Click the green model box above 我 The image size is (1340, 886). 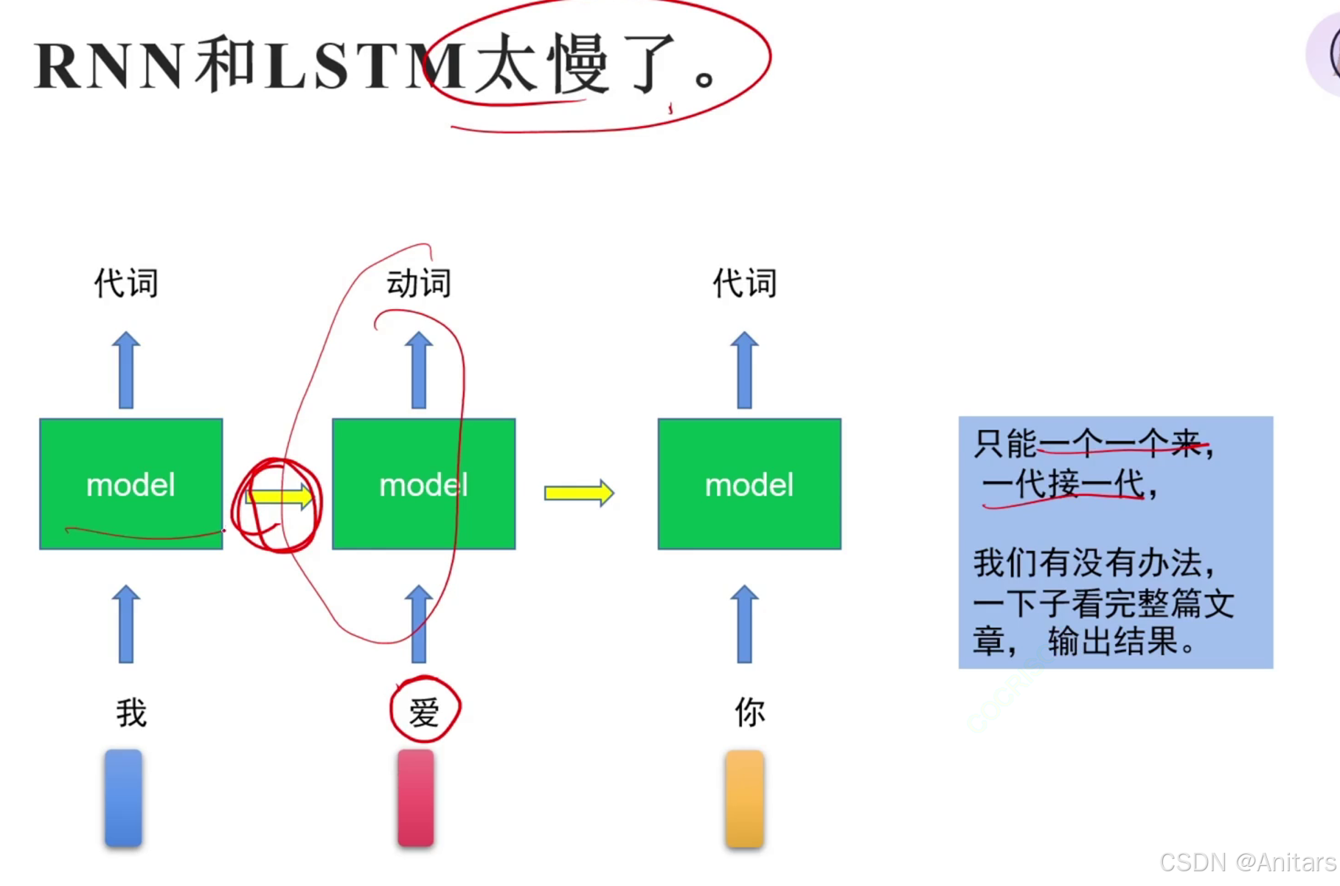131,484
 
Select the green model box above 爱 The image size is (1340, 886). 423,484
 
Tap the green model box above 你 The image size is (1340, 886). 749,484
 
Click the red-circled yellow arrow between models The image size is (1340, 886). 279,496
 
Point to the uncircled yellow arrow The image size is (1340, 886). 579,493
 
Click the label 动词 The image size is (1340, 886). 419,283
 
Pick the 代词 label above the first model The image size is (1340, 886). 126,283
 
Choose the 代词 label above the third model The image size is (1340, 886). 745,283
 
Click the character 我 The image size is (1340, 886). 131,713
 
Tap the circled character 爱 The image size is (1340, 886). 424,712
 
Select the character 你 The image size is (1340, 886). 749,713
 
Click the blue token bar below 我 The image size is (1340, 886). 123,797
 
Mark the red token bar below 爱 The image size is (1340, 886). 416,797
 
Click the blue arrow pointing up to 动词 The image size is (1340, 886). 419,370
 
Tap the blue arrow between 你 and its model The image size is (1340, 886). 745,624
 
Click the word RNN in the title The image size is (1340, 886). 109,66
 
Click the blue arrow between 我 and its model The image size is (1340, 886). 126,624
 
